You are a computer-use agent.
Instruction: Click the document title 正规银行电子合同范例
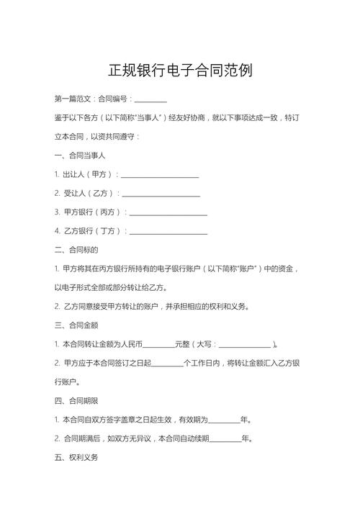[180, 71]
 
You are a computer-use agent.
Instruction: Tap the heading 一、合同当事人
[80, 156]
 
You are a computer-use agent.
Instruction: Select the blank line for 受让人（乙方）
[161, 194]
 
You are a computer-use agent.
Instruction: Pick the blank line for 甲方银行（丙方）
[168, 213]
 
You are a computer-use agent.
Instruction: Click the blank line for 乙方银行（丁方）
[168, 232]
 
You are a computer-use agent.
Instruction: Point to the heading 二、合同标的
[76, 251]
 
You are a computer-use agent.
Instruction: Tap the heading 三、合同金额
[76, 325]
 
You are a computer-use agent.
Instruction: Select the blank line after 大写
[244, 345]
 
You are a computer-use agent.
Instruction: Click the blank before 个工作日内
[168, 364]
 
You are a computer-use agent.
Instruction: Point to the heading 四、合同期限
[76, 400]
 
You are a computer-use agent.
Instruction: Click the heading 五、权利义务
[76, 457]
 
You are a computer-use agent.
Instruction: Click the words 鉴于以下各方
[76, 117]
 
